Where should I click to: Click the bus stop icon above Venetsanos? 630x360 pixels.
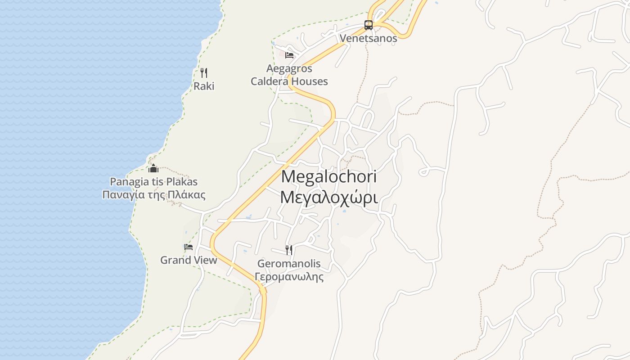[x=368, y=25]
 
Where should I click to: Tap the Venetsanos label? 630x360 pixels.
[x=368, y=38]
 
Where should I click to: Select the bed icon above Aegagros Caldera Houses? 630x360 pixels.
[x=289, y=55]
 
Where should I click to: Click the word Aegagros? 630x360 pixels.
[x=289, y=69]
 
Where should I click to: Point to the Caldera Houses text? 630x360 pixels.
[x=289, y=81]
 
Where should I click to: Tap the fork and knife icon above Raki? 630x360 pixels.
[x=204, y=72]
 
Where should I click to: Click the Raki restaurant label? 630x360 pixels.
[x=204, y=86]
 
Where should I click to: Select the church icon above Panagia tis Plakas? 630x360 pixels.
[x=153, y=169]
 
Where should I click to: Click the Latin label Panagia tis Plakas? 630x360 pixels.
[x=153, y=182]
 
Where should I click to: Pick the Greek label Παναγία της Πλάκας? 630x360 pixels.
[x=153, y=195]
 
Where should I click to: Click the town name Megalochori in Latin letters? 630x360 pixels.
[x=328, y=176]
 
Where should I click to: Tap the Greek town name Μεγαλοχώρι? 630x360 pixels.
[x=328, y=197]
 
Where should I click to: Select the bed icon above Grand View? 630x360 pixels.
[x=189, y=247]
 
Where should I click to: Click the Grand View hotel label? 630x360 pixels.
[x=189, y=260]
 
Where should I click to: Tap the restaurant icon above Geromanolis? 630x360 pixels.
[x=289, y=250]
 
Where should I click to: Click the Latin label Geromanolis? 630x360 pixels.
[x=289, y=263]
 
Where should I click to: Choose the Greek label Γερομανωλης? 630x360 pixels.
[x=289, y=276]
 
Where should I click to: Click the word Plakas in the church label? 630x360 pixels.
[x=181, y=182]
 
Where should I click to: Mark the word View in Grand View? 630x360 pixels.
[x=204, y=260]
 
